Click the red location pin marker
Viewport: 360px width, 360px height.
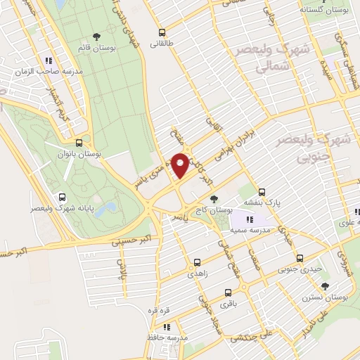[x=181, y=165]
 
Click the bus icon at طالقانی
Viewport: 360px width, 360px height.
[x=162, y=32]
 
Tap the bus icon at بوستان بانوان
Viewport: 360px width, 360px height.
[x=86, y=141]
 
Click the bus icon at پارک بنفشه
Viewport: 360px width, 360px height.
[x=262, y=191]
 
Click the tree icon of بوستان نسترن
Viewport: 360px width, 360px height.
[x=325, y=285]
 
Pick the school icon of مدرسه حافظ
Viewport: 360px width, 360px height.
[x=167, y=327]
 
